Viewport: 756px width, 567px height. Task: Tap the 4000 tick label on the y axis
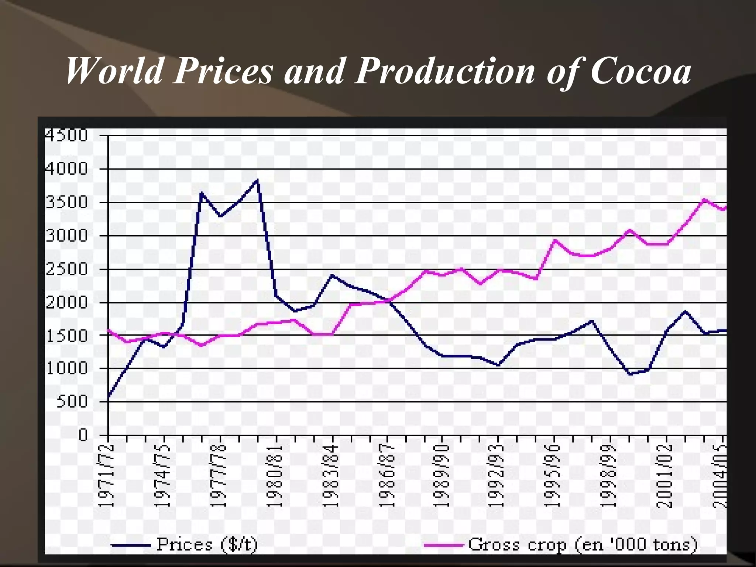(66, 169)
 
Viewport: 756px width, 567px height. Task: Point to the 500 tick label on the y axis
(72, 402)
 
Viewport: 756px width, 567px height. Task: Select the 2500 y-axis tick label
(66, 269)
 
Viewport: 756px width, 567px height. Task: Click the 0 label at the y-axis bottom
(83, 435)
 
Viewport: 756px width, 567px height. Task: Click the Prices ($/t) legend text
(207, 544)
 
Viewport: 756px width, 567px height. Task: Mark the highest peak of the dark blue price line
(257, 180)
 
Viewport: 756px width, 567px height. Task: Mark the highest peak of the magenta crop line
(704, 200)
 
